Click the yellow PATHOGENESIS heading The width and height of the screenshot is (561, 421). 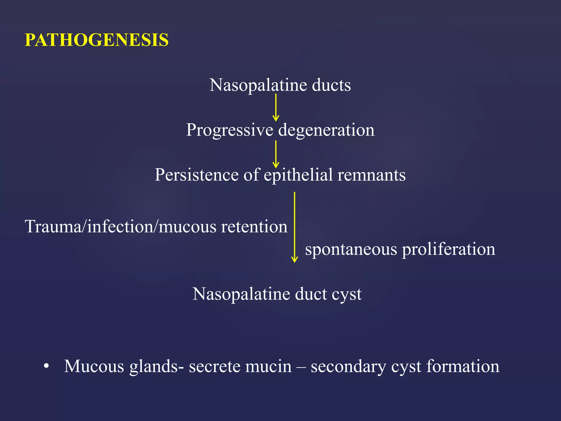click(96, 40)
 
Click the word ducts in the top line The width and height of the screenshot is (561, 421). click(331, 85)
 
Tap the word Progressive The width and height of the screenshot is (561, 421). click(230, 130)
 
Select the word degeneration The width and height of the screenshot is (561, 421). click(326, 130)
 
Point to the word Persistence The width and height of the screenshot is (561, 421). click(197, 175)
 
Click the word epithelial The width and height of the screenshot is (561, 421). click(298, 175)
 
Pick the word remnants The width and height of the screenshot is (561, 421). click(371, 175)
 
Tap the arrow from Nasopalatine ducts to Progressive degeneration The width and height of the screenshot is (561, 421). click(276, 107)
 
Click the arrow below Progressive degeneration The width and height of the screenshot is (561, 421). click(276, 154)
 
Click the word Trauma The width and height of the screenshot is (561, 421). click(53, 227)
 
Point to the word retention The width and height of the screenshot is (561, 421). click(254, 227)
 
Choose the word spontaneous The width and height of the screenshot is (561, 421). click(351, 249)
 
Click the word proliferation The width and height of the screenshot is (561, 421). click(449, 249)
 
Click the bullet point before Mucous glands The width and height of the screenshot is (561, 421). click(46, 366)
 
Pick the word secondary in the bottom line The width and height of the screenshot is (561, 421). click(348, 366)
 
